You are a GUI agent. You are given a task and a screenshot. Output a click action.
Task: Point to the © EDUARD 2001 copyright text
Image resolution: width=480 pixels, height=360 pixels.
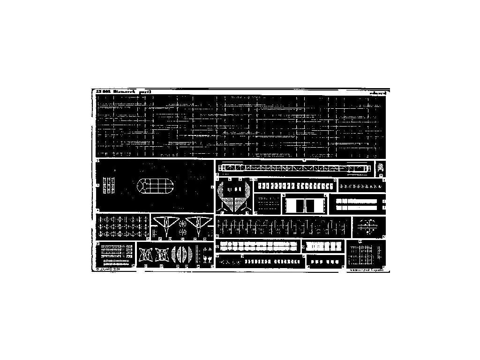coord(108,270)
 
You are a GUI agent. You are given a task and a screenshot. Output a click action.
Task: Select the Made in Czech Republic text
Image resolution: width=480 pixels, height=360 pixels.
coord(367,270)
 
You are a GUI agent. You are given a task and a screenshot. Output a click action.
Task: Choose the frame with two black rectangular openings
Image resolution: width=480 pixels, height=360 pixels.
coord(302,204)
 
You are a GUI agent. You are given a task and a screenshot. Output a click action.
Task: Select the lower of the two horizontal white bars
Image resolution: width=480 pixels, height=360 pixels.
coord(357,207)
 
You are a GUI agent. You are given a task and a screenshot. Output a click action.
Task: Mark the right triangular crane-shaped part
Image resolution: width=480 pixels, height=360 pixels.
coord(197,224)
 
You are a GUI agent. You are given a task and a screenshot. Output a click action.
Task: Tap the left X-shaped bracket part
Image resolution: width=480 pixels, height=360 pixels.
coord(146,255)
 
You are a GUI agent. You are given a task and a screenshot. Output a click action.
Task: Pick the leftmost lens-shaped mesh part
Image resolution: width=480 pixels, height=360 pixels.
coord(176,255)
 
